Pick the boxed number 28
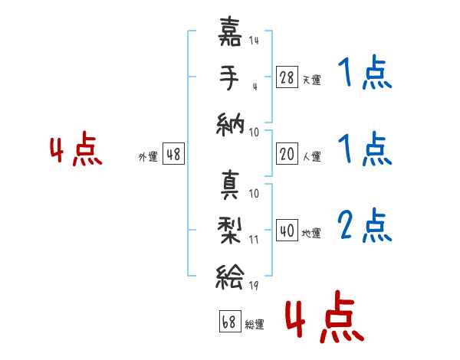pyautogui.click(x=286, y=77)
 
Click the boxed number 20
pyautogui.click(x=286, y=154)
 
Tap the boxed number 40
pyautogui.click(x=286, y=230)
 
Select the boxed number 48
pyautogui.click(x=173, y=154)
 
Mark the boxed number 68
pyautogui.click(x=228, y=322)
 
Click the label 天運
pyautogui.click(x=311, y=79)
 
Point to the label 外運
pyautogui.click(x=148, y=156)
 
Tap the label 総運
pyautogui.click(x=254, y=324)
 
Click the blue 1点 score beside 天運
pyautogui.click(x=364, y=74)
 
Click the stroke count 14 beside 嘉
pyautogui.click(x=254, y=41)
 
